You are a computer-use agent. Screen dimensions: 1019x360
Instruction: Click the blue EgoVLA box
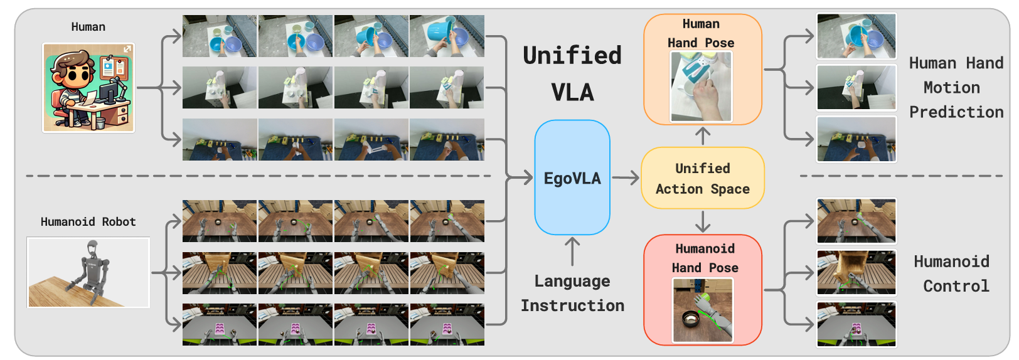coord(572,177)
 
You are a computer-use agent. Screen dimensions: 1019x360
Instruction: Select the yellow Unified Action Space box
coord(702,178)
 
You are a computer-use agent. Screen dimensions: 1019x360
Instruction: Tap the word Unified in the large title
coord(572,55)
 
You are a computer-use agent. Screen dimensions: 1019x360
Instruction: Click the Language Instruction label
coord(572,293)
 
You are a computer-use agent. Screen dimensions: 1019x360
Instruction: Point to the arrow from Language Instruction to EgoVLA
coord(572,251)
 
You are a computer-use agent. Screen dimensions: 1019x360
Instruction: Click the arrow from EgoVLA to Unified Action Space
coord(626,177)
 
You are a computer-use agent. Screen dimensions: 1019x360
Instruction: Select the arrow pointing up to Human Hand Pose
coord(703,136)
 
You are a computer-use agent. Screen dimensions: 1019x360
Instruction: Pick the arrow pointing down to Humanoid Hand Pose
coord(703,221)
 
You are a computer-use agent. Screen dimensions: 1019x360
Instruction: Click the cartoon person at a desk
coord(88,88)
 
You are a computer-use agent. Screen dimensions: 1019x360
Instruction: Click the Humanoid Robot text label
coord(88,222)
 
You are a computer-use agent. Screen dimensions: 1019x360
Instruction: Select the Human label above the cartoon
coord(88,27)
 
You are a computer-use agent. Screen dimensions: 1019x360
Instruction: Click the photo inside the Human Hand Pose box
coord(701,87)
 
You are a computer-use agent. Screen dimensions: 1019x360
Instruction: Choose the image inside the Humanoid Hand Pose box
coord(703,310)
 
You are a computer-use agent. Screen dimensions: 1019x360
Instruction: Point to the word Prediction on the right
coord(956,112)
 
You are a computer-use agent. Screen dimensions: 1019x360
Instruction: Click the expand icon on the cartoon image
coord(127,49)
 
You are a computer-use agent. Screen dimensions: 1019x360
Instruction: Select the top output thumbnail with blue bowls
coord(856,36)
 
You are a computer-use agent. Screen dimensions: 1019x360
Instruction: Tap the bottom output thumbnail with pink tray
coord(856,324)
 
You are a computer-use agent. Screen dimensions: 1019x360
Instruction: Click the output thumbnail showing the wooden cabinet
coord(856,272)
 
